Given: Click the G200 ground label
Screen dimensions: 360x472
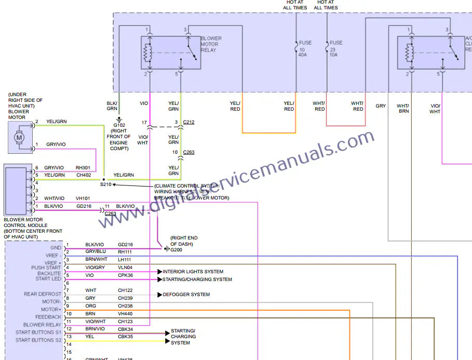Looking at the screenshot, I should click(177, 250).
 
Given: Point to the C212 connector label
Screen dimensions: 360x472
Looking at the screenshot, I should click(188, 123).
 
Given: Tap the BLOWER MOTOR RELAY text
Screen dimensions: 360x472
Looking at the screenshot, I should click(211, 44).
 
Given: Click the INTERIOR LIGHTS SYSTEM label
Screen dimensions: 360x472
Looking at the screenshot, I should click(193, 272).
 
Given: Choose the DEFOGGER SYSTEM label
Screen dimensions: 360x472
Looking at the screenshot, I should click(186, 295).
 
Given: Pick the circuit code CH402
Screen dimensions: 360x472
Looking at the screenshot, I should click(84, 175).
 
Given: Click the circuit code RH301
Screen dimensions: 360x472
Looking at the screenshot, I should click(83, 168).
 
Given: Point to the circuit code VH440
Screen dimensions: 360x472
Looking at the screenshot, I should click(125, 314).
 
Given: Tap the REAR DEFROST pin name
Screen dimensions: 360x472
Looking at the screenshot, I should click(43, 294).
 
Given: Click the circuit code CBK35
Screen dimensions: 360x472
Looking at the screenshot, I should click(125, 337).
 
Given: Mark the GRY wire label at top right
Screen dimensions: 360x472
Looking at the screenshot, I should click(381, 106).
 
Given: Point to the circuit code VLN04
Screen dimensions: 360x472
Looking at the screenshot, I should click(125, 268).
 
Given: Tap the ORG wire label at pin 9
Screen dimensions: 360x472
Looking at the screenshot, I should click(90, 306).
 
